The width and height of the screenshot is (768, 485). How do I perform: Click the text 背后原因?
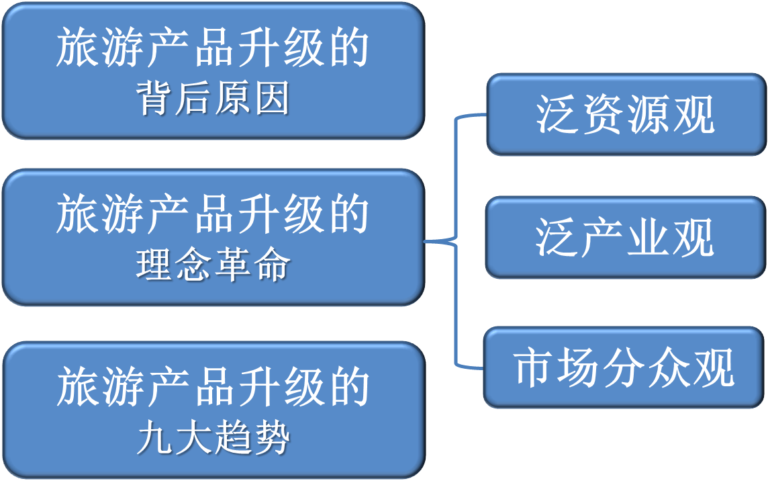[213, 100]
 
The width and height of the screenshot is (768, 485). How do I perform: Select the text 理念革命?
[213, 266]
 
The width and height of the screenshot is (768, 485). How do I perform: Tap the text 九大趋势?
[213, 439]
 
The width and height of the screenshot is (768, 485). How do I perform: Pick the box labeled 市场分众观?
[624, 367]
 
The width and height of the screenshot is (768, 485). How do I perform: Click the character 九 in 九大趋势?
[155, 439]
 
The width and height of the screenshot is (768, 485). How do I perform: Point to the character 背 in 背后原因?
[156, 100]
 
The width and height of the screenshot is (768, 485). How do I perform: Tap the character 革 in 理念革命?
[233, 266]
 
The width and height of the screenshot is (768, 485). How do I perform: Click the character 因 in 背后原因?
[272, 100]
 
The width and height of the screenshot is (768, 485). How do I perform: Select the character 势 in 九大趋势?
[272, 439]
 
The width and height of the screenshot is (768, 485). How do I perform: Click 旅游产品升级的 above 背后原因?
[213, 48]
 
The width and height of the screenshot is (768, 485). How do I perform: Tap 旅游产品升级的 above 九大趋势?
[213, 388]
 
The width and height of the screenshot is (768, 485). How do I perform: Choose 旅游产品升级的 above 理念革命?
[213, 215]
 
